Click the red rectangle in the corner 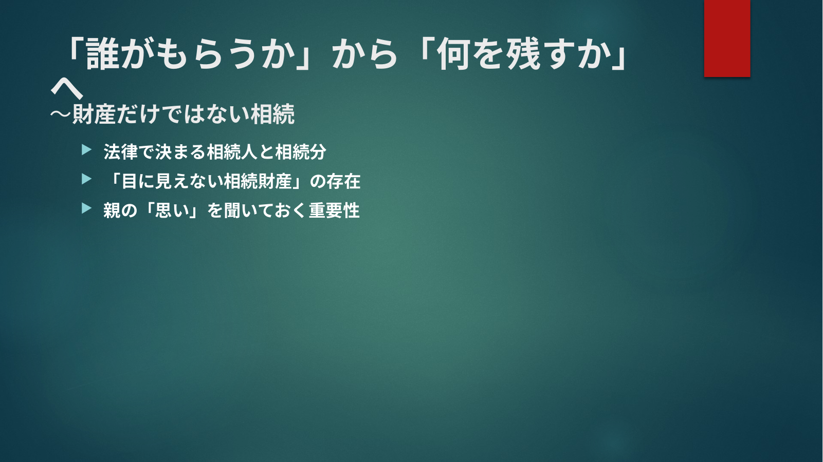click(727, 38)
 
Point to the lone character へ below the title click(66, 89)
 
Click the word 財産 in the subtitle click(94, 114)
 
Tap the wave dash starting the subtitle click(61, 114)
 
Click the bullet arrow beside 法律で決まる click(87, 150)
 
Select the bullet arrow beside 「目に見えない click(87, 179)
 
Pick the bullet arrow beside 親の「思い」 click(87, 208)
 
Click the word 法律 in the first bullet click(120, 151)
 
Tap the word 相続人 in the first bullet click(232, 151)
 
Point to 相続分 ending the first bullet click(301, 151)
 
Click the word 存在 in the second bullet click(343, 181)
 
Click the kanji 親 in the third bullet click(112, 210)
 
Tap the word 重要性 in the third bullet click(334, 210)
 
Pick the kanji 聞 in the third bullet click(232, 210)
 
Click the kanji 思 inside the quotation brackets click(163, 210)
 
